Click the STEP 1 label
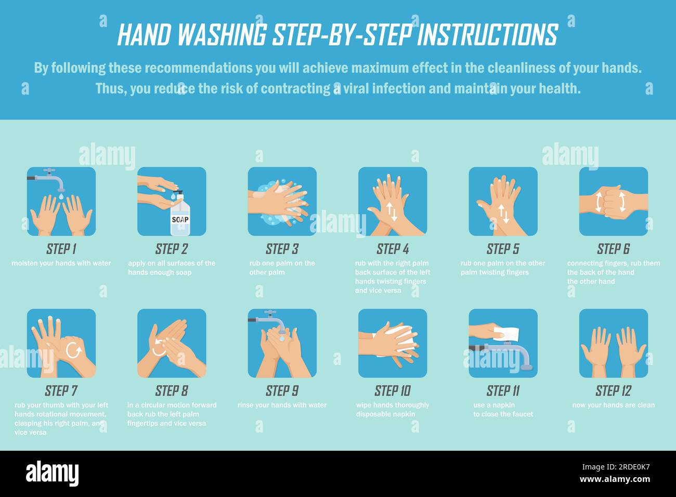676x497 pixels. tap(61, 249)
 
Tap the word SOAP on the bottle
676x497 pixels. tap(180, 220)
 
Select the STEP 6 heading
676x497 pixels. tap(613, 249)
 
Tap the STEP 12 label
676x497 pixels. tap(613, 391)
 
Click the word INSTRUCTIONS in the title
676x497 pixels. tap(487, 35)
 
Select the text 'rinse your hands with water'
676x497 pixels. tap(282, 405)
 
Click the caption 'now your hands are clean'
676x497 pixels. tap(613, 405)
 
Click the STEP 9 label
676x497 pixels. tap(282, 391)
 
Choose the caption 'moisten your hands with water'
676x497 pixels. tap(61, 263)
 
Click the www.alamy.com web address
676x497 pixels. tap(618, 479)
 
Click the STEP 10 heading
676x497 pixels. tap(393, 391)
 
